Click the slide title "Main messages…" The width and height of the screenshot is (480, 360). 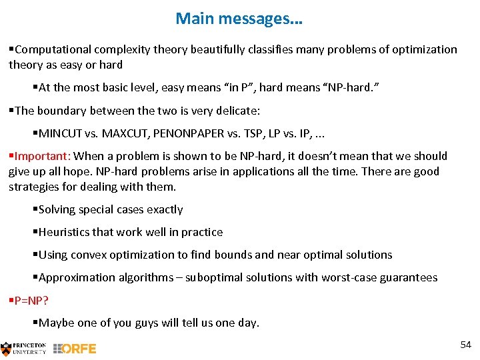(x=239, y=19)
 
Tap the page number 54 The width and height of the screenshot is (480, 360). (x=465, y=344)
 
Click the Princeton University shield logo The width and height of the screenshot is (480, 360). (x=7, y=348)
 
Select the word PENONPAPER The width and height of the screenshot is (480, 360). (x=189, y=133)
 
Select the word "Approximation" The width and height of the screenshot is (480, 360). (x=74, y=277)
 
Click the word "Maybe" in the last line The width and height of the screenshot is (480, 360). (x=57, y=323)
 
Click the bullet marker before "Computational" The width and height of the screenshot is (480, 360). (x=11, y=49)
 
